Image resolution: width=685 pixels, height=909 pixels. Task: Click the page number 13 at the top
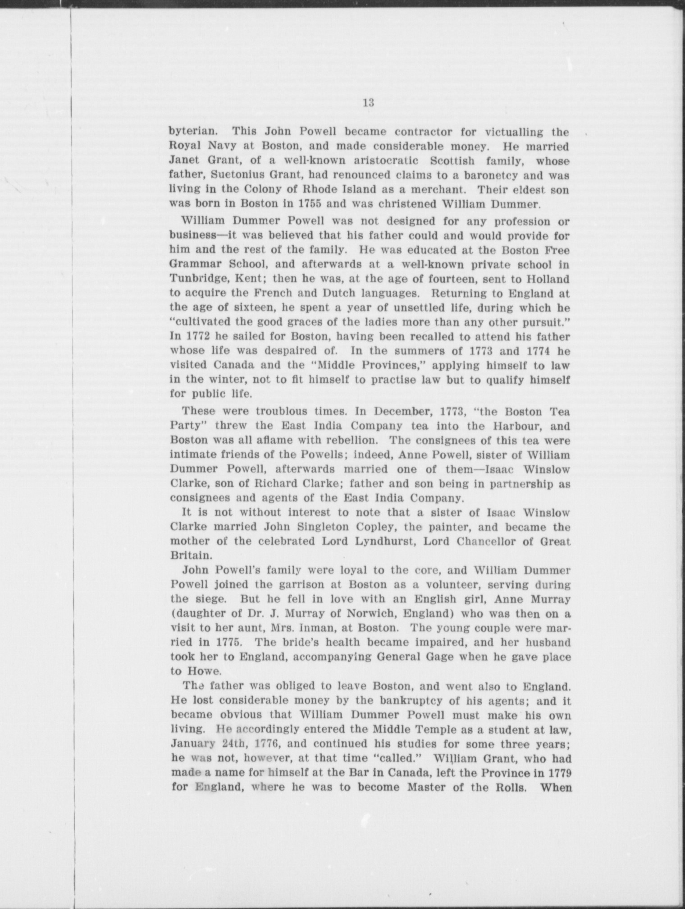tap(368, 102)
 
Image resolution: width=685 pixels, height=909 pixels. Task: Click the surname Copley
tap(369, 527)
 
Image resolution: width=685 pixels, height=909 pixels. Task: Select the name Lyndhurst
tap(382, 542)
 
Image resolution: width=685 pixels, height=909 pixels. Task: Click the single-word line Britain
tap(187, 556)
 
